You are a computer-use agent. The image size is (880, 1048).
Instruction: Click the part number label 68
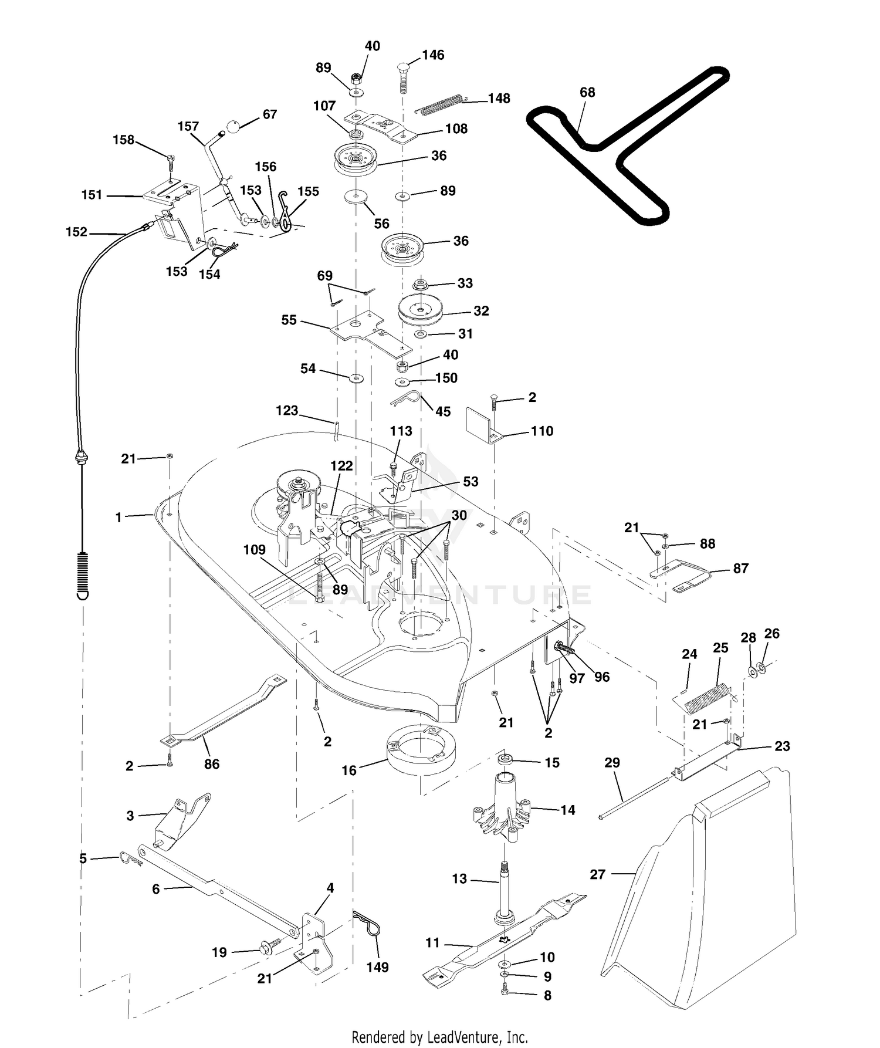tap(587, 93)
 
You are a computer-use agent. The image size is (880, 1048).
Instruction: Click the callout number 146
tap(433, 55)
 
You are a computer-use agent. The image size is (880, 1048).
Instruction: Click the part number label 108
tap(456, 129)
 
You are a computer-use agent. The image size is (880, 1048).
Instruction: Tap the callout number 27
tap(597, 875)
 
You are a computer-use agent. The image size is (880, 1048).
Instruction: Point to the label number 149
tap(377, 968)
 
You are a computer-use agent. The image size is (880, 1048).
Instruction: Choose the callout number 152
tap(76, 232)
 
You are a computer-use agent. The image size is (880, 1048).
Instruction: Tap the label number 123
tap(287, 411)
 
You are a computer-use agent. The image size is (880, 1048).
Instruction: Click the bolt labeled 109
tap(320, 582)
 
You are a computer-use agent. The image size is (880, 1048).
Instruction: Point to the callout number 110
tap(541, 431)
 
